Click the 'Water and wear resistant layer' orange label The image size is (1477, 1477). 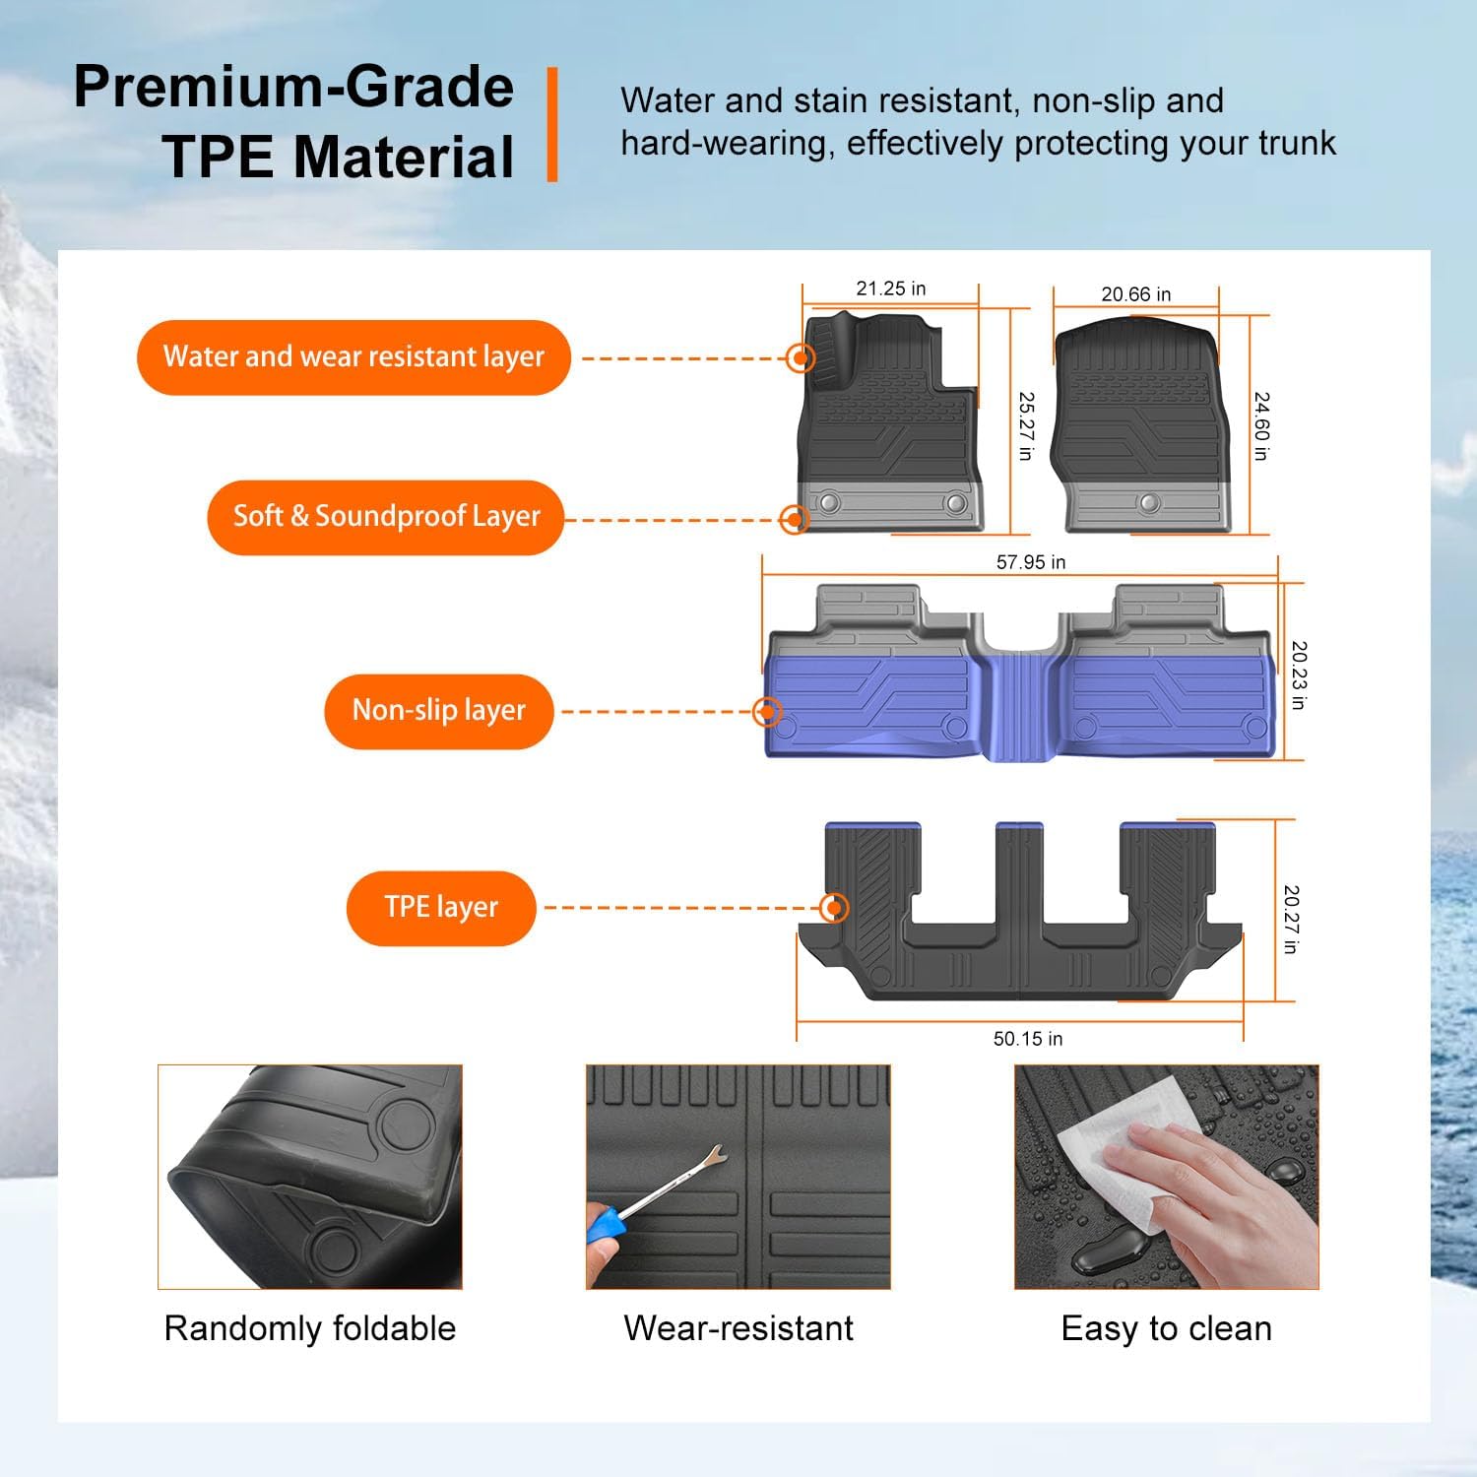click(353, 357)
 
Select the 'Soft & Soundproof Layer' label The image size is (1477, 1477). click(385, 517)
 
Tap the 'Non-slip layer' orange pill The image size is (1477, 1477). click(439, 711)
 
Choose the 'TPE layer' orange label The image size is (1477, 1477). click(441, 908)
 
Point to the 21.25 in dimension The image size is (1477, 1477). click(890, 289)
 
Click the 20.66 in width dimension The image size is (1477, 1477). click(1135, 294)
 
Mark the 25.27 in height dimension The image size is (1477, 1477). click(1026, 425)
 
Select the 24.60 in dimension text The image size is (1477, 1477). click(1261, 425)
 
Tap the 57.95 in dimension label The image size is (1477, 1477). click(1030, 562)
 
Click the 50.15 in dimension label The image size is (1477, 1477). click(1027, 1039)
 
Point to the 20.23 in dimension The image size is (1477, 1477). click(1299, 675)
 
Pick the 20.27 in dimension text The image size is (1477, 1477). click(1291, 919)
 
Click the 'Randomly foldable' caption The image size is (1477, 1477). click(309, 1328)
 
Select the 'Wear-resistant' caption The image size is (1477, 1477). click(738, 1328)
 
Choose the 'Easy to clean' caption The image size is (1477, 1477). click(1166, 1328)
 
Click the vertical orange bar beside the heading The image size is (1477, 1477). click(552, 124)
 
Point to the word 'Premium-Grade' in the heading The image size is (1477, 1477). click(293, 87)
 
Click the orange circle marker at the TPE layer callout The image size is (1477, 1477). click(834, 908)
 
